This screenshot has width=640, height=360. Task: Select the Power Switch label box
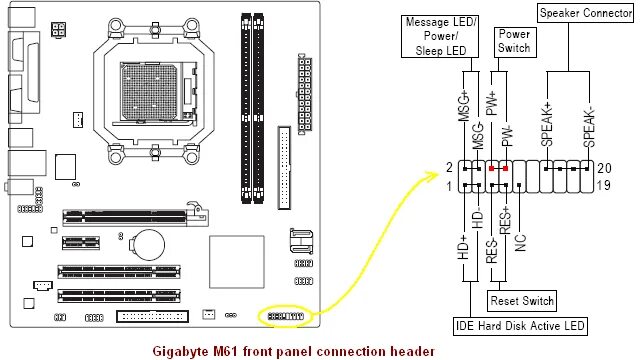point(513,41)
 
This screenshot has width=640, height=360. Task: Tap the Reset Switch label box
point(521,300)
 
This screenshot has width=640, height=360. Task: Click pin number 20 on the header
point(606,168)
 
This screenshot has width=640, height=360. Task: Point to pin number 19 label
point(606,186)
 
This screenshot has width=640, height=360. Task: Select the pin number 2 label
point(449,168)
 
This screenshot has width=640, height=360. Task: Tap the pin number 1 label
point(449,186)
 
